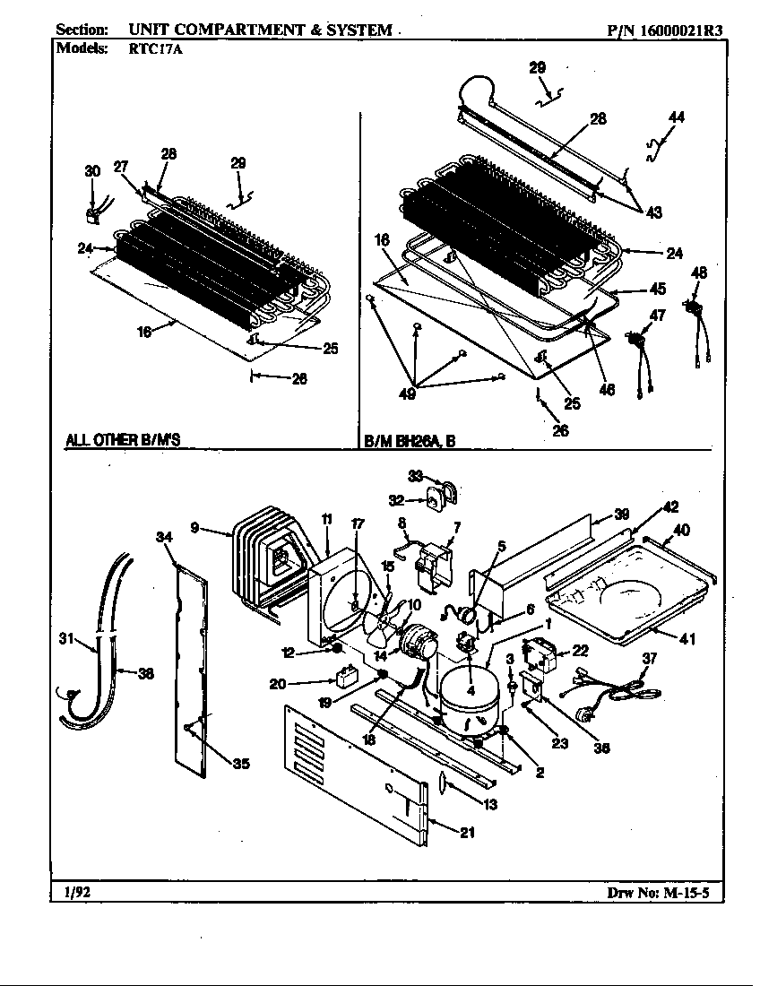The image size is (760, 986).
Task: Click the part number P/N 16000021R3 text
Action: click(x=664, y=30)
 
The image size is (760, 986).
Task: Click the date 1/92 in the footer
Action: click(x=76, y=892)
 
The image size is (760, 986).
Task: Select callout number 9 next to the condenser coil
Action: click(x=195, y=527)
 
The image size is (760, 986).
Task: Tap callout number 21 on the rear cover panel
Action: click(x=467, y=832)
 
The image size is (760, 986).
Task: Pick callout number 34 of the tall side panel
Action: click(x=163, y=537)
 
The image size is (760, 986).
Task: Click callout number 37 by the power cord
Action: click(x=649, y=659)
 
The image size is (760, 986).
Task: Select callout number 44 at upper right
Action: click(x=677, y=117)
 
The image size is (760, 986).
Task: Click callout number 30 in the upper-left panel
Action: click(x=92, y=171)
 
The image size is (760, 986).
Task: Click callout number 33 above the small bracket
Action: click(x=415, y=475)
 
